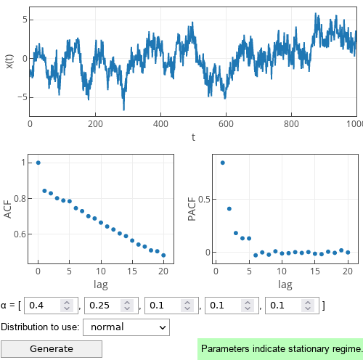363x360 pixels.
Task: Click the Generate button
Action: coord(52,349)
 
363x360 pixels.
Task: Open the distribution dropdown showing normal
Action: coord(126,327)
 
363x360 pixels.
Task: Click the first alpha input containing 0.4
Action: coord(44,306)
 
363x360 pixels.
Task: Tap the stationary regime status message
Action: coord(280,349)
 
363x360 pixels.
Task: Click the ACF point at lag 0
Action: coord(38,163)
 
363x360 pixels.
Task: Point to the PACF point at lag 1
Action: coord(223,163)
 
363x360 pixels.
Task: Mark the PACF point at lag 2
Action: coord(229,209)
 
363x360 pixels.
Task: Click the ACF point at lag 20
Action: coord(163,255)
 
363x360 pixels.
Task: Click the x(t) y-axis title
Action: coord(9,61)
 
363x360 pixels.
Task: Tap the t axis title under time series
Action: coord(193,137)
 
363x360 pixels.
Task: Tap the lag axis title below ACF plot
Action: coord(101,285)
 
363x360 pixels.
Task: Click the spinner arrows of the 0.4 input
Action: coord(67,306)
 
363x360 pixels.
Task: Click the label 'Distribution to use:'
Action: coord(41,327)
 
